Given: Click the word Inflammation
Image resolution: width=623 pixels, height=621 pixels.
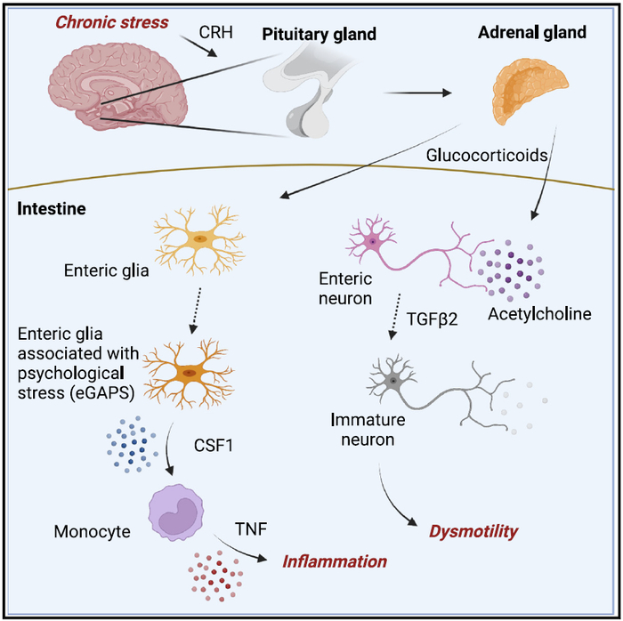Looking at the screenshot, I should click(x=335, y=561).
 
